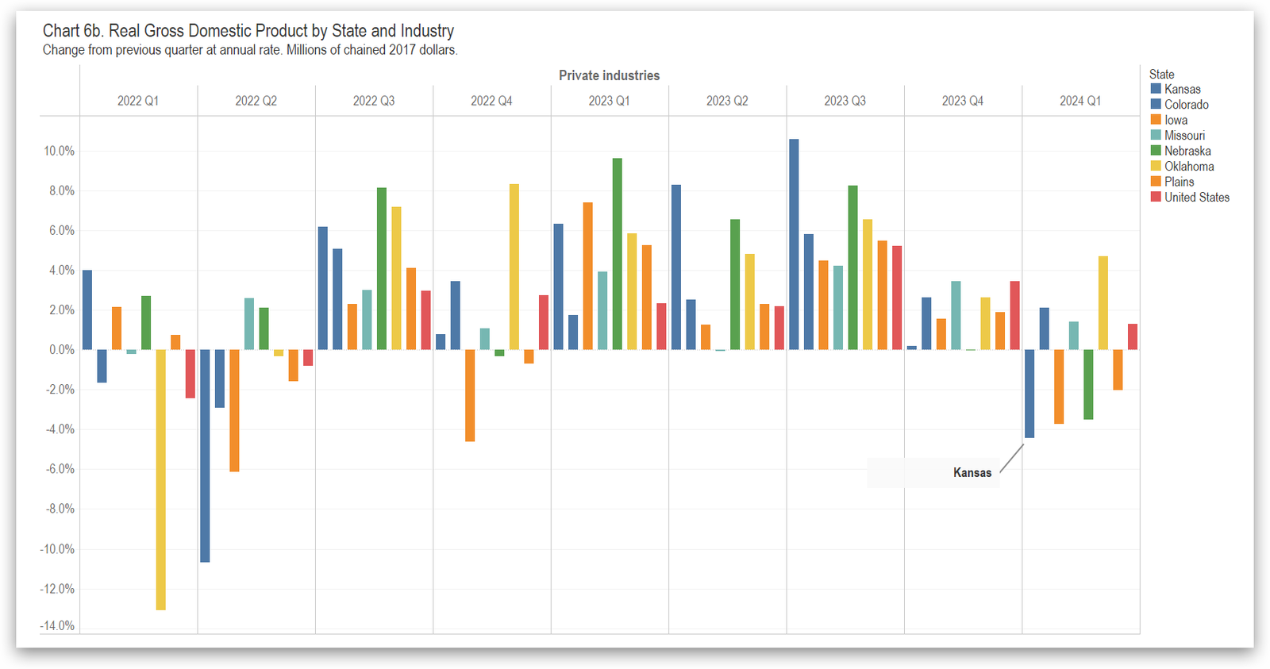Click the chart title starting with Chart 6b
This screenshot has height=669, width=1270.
[248, 31]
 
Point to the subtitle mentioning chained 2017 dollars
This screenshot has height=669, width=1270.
[250, 50]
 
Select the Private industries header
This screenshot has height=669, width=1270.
[609, 75]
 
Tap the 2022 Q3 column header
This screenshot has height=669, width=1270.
[374, 101]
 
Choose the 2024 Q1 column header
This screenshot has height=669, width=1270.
[1080, 101]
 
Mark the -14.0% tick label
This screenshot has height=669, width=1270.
[58, 625]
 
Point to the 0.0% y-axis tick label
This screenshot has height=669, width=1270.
[61, 350]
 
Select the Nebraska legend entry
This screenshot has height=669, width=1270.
[1187, 151]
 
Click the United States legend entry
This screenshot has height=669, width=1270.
[1196, 197]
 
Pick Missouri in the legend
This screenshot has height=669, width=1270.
[1183, 136]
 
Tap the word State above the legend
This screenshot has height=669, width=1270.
[1161, 75]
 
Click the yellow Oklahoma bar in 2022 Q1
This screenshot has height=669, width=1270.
[161, 479]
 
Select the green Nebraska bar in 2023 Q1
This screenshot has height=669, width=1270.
[617, 254]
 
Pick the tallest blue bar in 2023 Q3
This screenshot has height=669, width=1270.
[794, 244]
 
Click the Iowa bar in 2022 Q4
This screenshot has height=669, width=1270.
[470, 395]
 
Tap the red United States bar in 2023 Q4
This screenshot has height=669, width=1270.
[1014, 315]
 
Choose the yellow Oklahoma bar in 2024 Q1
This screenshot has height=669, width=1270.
[1103, 303]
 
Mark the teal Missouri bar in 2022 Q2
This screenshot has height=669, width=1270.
[249, 324]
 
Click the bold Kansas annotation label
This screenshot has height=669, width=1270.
[972, 473]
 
